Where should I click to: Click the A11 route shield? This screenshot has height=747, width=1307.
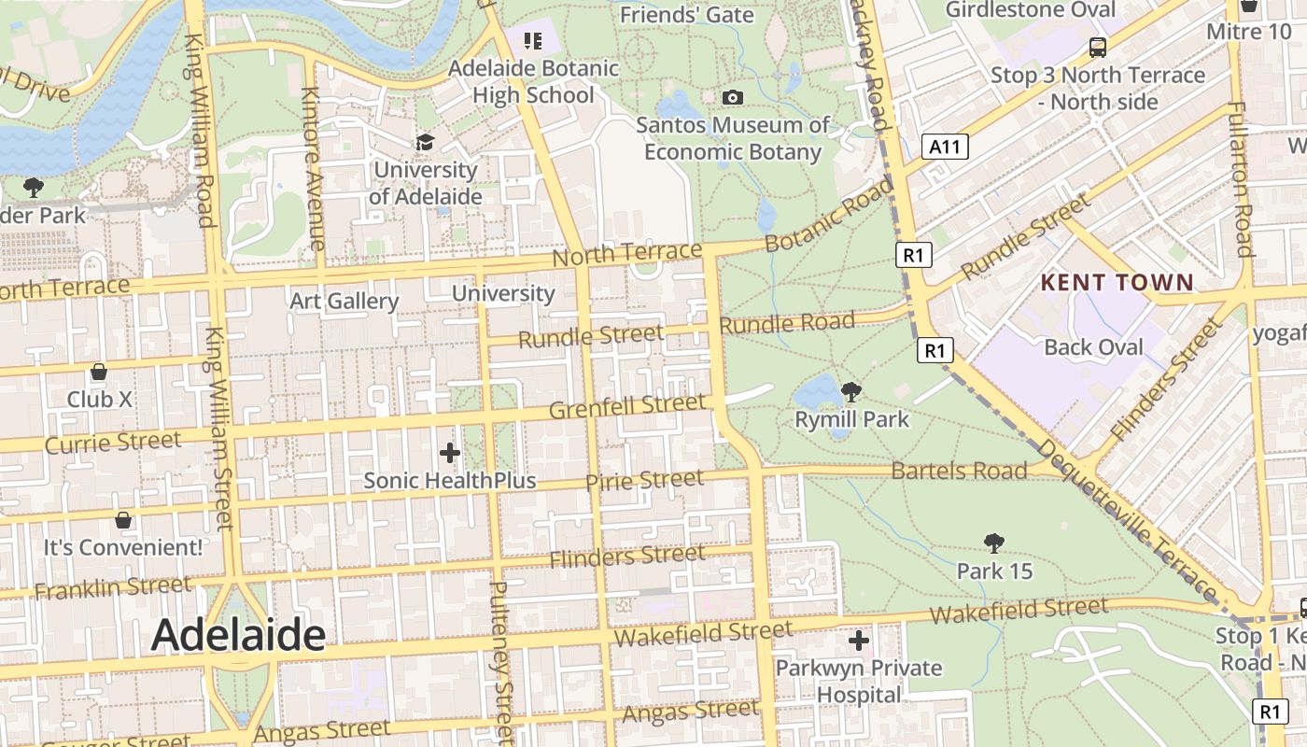coord(946,147)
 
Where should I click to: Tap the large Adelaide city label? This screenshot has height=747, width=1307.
coord(238,635)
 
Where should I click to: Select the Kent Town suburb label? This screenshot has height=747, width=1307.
coord(1117,282)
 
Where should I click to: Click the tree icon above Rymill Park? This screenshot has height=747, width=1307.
coord(850,392)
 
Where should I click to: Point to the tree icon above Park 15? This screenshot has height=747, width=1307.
coord(994,543)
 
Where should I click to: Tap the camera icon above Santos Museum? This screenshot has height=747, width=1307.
coord(733,97)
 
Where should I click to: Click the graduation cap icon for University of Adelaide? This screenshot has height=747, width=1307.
coord(425,143)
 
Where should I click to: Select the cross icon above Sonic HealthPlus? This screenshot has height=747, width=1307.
coord(450,453)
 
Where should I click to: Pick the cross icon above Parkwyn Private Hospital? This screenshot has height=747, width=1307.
coord(859,641)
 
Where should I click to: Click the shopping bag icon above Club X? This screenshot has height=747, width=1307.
coord(99,372)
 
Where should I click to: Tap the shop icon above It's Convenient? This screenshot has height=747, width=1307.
coord(122,519)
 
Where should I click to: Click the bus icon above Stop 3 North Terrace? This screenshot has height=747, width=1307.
coord(1098,47)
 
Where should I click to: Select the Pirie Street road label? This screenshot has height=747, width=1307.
coord(644,481)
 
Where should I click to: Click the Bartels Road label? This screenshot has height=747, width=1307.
coord(959,470)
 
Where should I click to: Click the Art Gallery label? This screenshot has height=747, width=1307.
coord(344,301)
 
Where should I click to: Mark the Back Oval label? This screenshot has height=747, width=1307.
coord(1093,347)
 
